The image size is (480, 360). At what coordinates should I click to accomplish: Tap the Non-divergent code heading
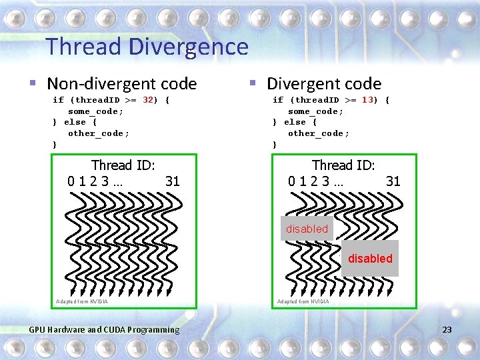122,84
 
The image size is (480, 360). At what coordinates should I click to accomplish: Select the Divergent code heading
324,84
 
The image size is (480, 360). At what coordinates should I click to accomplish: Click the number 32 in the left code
149,100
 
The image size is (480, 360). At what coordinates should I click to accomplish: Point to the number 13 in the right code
368,100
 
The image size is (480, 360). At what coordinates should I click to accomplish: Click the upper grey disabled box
307,229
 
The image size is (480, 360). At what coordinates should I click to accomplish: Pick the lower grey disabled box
370,259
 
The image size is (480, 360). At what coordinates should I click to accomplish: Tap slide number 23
447,329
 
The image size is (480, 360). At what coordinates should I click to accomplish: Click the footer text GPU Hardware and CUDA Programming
105,329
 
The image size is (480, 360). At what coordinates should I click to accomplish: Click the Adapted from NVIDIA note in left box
82,301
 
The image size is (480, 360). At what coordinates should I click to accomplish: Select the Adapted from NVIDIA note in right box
303,301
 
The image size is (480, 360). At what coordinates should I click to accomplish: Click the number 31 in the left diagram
173,181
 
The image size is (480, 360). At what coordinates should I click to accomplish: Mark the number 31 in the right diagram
393,181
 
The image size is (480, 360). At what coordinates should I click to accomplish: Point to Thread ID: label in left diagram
123,165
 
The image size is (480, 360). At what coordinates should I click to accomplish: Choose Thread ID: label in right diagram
344,165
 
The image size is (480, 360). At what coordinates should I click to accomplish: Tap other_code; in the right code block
318,133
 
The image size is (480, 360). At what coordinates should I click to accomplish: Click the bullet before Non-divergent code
33,84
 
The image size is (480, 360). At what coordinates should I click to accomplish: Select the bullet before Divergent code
253,84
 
